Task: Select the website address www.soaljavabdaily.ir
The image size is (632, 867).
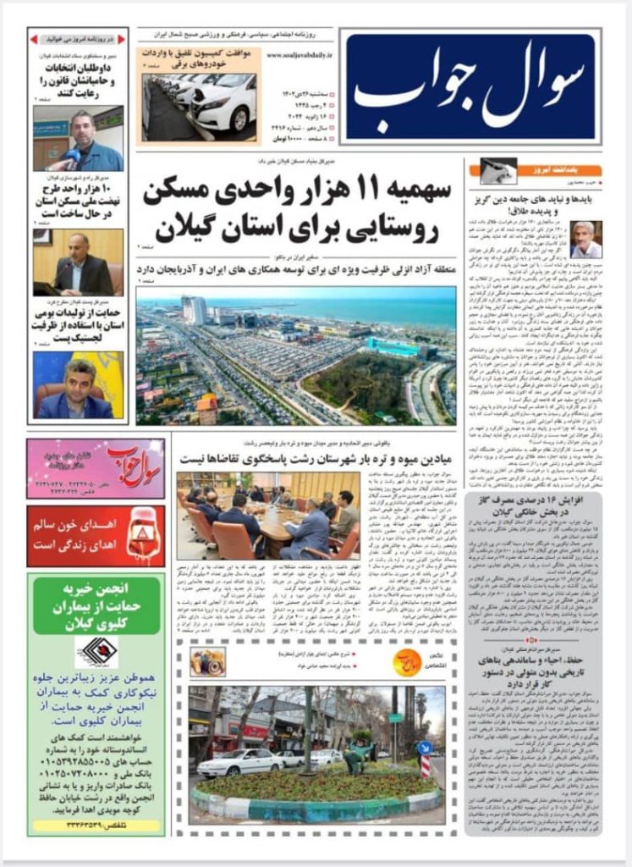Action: pos(300,56)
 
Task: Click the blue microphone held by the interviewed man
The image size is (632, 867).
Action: pos(73,157)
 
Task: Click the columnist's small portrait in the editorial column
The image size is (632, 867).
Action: pos(585,239)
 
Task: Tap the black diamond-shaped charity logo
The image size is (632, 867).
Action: pos(96,652)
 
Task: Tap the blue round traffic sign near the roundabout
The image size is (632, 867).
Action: pos(425,748)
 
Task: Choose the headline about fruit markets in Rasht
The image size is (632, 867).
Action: pos(317,458)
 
